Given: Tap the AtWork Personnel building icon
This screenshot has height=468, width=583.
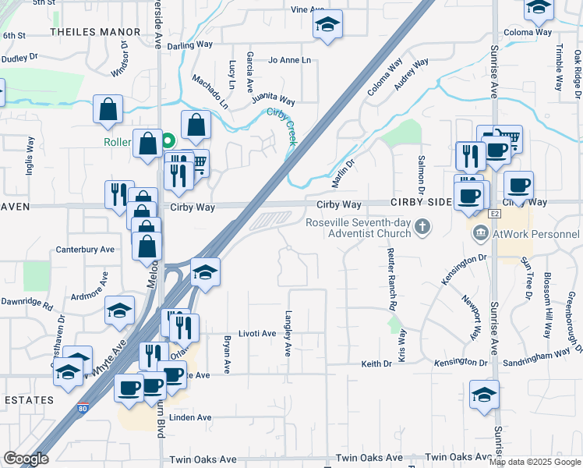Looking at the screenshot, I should point(479,233).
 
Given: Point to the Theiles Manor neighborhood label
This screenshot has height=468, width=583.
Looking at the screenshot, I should point(96,32).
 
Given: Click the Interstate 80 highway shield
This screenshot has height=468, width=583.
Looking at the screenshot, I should point(83,408).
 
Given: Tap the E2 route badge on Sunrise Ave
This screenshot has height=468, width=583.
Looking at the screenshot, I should point(494,213).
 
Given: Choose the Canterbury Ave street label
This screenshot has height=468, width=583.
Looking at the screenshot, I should point(85,250).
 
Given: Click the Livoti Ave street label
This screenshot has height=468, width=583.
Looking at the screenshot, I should point(257,333).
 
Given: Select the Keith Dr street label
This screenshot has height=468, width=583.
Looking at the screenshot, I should point(376,363).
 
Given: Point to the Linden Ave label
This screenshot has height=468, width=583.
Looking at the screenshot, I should point(191,417).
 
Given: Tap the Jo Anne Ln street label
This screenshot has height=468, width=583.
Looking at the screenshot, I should point(289,60).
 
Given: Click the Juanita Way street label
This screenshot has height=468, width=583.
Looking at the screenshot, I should point(274,100).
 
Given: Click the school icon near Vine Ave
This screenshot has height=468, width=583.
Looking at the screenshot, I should point(328,25).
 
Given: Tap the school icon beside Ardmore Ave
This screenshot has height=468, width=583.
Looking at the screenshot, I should point(119,311).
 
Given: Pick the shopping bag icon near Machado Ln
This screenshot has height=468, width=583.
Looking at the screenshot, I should point(196,124).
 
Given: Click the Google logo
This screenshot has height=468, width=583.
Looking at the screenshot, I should point(26,459).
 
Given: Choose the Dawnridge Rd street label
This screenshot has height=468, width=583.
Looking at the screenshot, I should point(26,302).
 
